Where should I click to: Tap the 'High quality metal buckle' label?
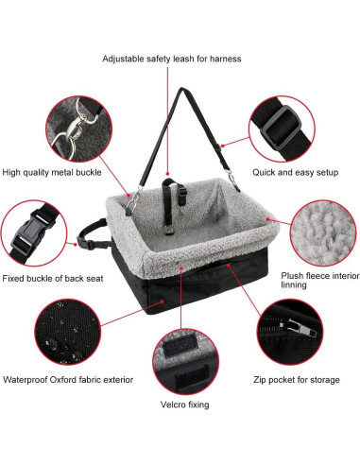coord(52,172)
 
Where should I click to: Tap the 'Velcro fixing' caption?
coord(184,404)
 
